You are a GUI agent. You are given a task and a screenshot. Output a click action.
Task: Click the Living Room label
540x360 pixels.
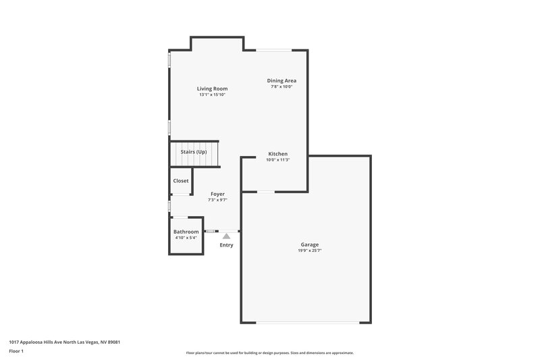(x=212, y=88)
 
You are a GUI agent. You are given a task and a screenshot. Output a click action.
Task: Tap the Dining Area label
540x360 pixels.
(x=281, y=80)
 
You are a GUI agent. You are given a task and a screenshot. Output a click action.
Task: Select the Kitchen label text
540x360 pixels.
(x=278, y=153)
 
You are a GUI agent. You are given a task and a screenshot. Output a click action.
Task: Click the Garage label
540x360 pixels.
(x=310, y=245)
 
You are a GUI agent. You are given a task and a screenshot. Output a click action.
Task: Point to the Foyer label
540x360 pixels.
(x=217, y=194)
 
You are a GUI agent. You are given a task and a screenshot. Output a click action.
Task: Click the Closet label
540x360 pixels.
(x=181, y=181)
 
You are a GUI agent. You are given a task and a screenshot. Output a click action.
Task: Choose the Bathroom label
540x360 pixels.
(x=186, y=232)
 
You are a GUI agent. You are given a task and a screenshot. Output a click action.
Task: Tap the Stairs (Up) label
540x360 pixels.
(x=193, y=152)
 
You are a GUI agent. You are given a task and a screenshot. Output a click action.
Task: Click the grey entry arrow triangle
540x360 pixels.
(x=226, y=236)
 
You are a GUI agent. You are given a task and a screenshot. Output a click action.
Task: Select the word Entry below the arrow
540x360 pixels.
(x=226, y=245)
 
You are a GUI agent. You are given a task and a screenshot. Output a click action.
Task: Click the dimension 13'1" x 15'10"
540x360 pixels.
(x=212, y=95)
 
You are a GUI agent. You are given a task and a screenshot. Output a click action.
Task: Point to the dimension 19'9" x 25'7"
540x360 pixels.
(x=310, y=251)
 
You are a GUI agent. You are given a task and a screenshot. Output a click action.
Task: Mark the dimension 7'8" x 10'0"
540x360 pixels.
(x=281, y=86)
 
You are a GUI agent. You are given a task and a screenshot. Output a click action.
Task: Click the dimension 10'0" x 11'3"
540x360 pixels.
(x=278, y=160)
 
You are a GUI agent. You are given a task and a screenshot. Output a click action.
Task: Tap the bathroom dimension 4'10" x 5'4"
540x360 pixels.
(x=186, y=238)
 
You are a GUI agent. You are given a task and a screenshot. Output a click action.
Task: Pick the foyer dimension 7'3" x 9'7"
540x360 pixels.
(x=217, y=200)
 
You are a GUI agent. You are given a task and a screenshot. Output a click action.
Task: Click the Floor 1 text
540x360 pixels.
(x=17, y=352)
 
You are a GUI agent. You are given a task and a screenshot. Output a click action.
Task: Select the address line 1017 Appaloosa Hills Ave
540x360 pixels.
(x=64, y=342)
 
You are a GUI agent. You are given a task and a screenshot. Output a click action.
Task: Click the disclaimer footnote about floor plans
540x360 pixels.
(x=269, y=353)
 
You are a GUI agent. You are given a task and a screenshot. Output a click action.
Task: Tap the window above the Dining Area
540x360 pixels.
(x=273, y=50)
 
